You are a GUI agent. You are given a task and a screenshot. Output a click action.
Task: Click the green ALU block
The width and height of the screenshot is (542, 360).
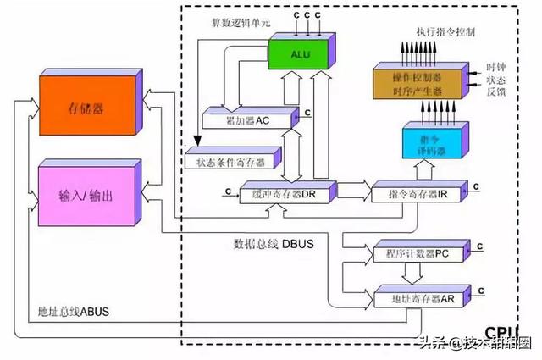click(301, 55)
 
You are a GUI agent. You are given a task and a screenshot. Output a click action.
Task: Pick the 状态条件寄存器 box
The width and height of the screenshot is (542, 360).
click(224, 159)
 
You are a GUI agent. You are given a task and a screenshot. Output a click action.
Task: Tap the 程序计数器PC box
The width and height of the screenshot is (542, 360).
click(420, 253)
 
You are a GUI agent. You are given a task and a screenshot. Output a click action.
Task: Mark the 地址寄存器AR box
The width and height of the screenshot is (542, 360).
click(420, 297)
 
